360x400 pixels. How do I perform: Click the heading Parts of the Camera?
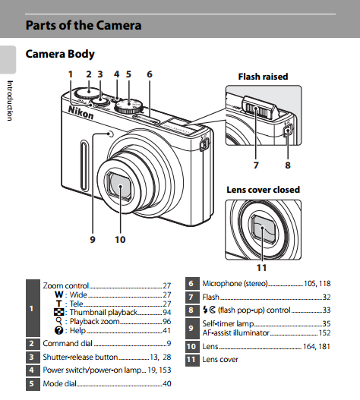[x=84, y=25]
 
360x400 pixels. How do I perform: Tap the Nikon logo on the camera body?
[x=81, y=112]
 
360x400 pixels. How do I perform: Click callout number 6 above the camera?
[x=150, y=74]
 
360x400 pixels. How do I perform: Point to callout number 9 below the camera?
[x=93, y=240]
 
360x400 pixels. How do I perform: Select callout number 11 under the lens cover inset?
[x=261, y=268]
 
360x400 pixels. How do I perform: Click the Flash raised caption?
[x=263, y=77]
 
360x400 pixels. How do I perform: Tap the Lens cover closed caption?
[x=264, y=190]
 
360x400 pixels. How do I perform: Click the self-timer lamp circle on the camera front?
[x=111, y=134]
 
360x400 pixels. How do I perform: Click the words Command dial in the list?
[x=68, y=343]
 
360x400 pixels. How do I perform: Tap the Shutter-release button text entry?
[x=81, y=357]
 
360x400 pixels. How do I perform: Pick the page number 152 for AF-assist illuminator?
[x=324, y=333]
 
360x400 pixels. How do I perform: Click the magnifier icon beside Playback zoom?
[x=59, y=321]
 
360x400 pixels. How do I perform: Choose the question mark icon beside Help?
[x=58, y=331]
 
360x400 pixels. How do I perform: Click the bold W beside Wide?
[x=58, y=294]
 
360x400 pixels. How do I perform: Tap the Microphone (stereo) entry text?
[x=235, y=283]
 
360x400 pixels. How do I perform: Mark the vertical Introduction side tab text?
[x=10, y=101]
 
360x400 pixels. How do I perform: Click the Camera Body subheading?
[x=60, y=54]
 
